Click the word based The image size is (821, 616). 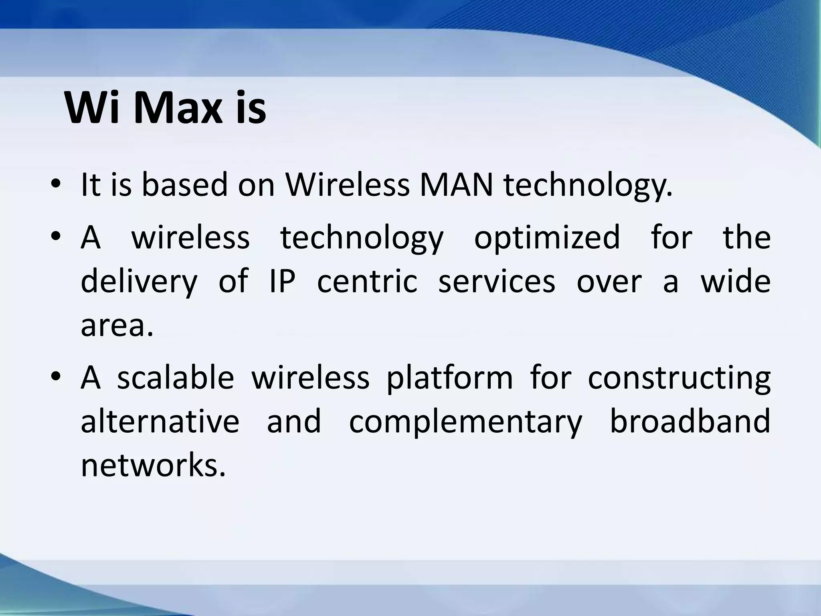tap(184, 185)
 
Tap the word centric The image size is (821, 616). tap(367, 282)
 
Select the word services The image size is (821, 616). tap(497, 282)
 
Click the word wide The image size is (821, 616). tap(735, 282)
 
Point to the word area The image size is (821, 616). tap(117, 326)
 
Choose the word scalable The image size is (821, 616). tap(176, 378)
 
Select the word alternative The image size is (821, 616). tap(160, 421)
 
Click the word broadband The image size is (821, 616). tap(690, 421)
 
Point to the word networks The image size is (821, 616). tap(153, 466)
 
